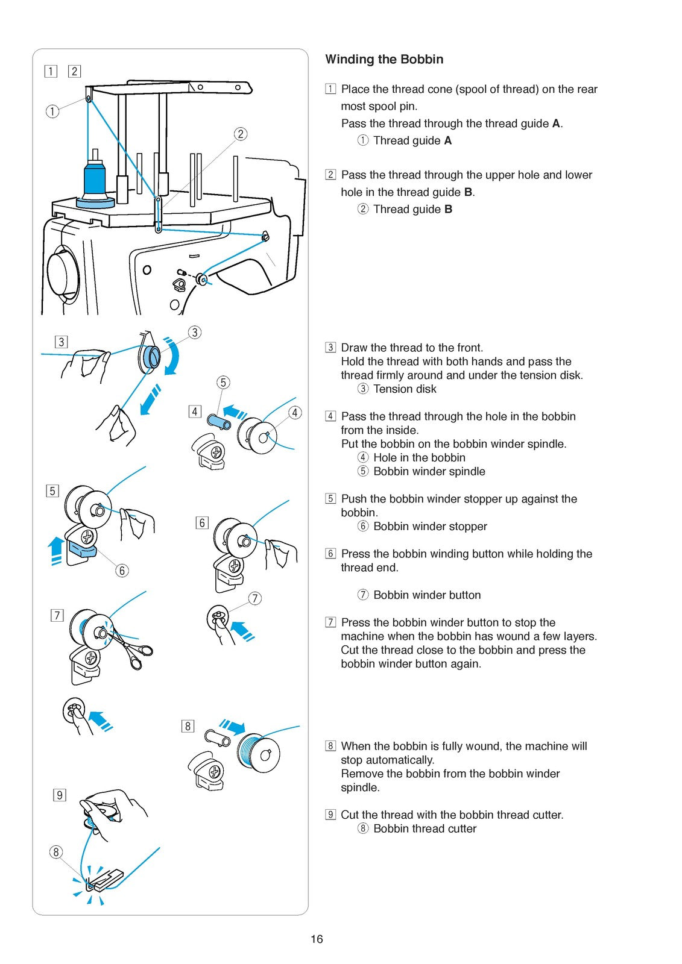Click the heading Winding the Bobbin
[384, 60]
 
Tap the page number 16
[317, 939]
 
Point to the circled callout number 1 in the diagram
[52, 112]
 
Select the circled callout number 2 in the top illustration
[241, 134]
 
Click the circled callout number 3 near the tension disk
[195, 332]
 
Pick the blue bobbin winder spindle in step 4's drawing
[218, 421]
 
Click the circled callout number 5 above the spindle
[223, 382]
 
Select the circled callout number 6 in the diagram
[122, 571]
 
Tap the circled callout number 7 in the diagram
[255, 598]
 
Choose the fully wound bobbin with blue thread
[258, 753]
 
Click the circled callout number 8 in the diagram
[55, 852]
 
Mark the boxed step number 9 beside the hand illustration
[60, 795]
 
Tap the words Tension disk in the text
[405, 389]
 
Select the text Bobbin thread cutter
[425, 829]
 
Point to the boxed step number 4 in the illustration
[195, 412]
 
